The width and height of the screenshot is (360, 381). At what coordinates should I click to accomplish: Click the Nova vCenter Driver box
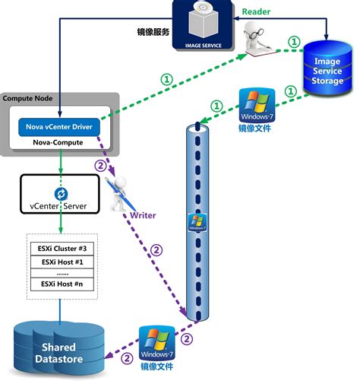coord(58,125)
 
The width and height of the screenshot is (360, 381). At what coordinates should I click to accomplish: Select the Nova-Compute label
coord(58,142)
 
